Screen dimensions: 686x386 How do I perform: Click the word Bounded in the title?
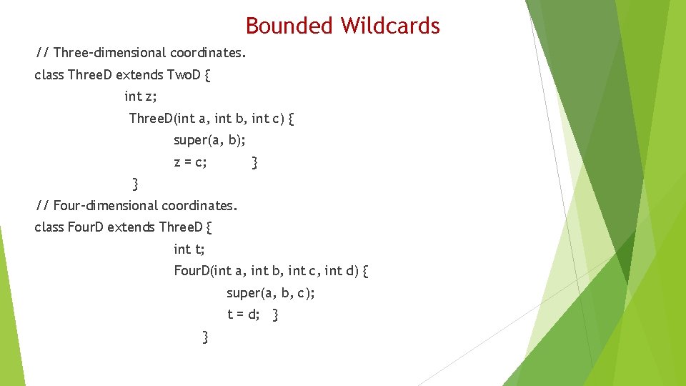289,26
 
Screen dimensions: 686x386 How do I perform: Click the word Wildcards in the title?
389,26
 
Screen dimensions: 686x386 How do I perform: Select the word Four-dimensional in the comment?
106,206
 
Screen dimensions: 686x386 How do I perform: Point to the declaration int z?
140,96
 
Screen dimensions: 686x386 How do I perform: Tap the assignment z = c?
190,162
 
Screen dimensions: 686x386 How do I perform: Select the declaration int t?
189,249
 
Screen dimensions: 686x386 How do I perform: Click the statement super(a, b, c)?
271,293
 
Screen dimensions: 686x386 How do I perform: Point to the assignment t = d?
244,315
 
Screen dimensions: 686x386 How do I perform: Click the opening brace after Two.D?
207,75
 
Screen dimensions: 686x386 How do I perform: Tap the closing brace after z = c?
255,163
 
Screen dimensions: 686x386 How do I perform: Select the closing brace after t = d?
276,315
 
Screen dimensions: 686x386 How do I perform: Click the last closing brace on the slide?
206,337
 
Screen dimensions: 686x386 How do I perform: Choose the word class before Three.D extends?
49,74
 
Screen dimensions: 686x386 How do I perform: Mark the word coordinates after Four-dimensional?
199,206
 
